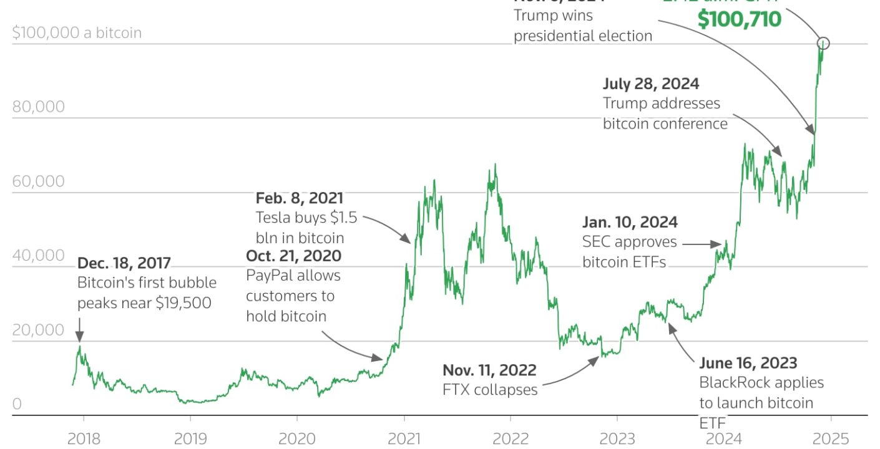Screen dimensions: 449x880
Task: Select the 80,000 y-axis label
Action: coord(38,107)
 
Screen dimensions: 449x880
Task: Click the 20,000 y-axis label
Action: coord(38,330)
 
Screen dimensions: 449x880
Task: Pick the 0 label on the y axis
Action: coord(17,404)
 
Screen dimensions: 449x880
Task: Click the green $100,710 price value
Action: coord(739,19)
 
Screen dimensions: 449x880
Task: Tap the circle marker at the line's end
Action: coord(823,43)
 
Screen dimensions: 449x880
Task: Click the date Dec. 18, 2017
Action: coord(124,263)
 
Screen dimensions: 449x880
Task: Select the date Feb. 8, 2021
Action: coord(300,198)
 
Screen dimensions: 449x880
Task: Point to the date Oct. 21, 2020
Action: coord(293,256)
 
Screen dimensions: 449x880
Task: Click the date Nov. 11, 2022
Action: coord(489,370)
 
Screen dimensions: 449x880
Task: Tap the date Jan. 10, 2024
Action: coord(630,222)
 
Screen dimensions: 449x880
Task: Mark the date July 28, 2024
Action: coord(651,84)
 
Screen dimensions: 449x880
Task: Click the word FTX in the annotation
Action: coord(456,390)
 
